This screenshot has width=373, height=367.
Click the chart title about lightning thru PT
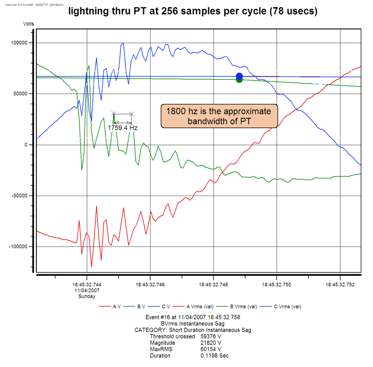(x=193, y=12)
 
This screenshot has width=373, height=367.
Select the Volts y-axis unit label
(x=29, y=22)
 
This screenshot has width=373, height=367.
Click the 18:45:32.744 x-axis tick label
(x=87, y=283)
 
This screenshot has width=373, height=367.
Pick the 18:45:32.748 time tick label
(x=214, y=283)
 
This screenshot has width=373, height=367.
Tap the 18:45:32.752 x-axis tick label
(x=340, y=283)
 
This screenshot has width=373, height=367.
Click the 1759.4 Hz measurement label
(x=123, y=127)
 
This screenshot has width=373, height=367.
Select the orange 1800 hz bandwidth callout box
(x=219, y=116)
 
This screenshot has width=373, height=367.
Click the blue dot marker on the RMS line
(x=239, y=76)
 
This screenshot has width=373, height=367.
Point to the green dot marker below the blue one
(x=239, y=80)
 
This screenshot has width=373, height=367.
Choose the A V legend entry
(x=111, y=306)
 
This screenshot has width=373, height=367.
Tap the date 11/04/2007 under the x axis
(x=87, y=290)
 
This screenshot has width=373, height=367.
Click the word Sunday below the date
(x=87, y=296)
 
